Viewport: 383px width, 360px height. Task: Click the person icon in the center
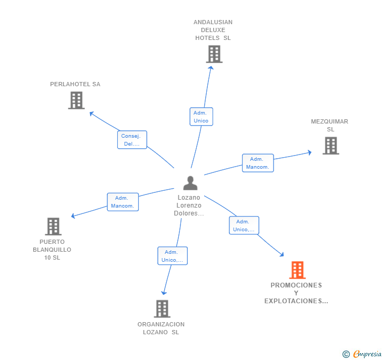[190, 183]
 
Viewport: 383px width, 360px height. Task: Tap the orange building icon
[297, 270]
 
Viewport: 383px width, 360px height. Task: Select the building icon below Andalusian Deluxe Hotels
[214, 54]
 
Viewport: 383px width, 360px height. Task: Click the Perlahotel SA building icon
[76, 100]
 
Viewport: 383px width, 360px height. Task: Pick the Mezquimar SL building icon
[331, 146]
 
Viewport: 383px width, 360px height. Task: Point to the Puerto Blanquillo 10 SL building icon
[53, 227]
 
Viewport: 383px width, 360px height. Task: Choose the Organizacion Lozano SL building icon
[162, 308]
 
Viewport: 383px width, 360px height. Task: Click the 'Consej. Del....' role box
[132, 140]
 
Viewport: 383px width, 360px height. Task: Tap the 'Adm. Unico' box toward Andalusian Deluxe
[201, 117]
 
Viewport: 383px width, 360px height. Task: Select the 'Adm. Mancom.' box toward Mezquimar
[258, 163]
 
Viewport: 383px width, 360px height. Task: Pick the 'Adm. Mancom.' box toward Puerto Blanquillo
[123, 202]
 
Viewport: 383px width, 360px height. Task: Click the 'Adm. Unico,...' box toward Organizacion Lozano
[173, 256]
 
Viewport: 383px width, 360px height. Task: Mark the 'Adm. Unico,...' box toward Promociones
[244, 225]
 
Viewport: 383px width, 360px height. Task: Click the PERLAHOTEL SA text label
[75, 84]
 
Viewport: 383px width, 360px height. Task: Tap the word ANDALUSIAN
[213, 22]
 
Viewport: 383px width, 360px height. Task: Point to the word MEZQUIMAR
[329, 121]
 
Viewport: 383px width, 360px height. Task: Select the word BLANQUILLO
[52, 250]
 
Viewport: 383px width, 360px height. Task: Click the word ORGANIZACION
[161, 324]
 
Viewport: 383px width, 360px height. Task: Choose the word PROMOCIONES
[296, 285]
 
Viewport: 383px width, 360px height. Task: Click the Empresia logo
[362, 354]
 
